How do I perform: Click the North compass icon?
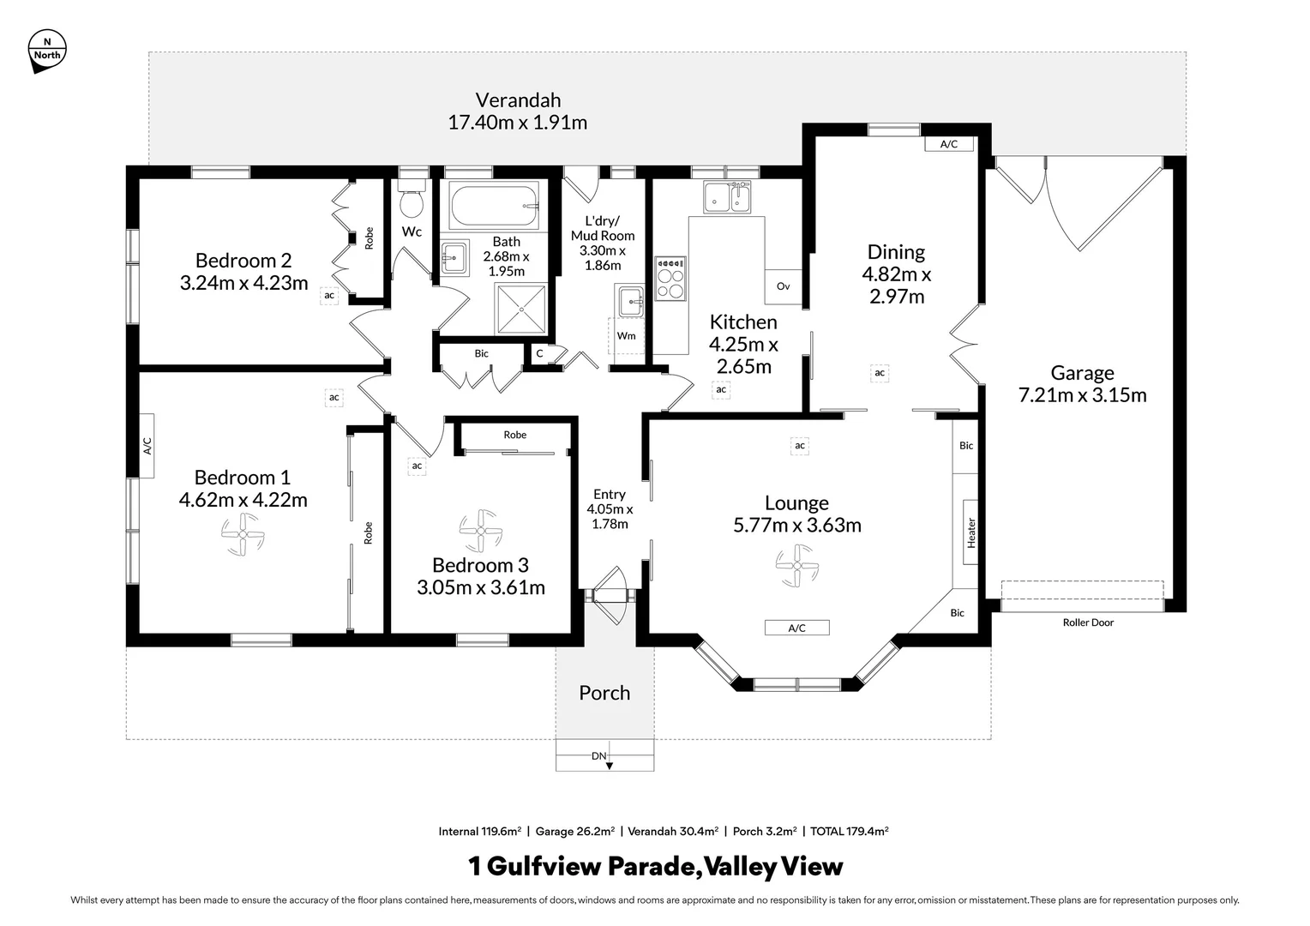tap(46, 50)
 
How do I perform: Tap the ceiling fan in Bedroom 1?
tap(243, 535)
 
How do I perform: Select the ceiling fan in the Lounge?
tap(796, 567)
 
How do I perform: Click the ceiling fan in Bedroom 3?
tap(480, 531)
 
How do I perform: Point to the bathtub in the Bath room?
tap(495, 206)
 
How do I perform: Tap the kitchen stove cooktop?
tap(670, 279)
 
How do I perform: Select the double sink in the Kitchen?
tap(727, 197)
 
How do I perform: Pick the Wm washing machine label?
tap(626, 335)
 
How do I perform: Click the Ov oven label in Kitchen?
tap(783, 286)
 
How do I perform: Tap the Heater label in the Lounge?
tap(970, 532)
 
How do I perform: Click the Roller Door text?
tap(1088, 622)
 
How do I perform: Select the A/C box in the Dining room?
tap(948, 144)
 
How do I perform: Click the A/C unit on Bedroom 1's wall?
tap(147, 445)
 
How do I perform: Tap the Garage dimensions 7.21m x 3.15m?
tap(1082, 395)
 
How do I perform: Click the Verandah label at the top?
tap(518, 99)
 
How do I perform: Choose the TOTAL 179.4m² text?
tap(849, 831)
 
